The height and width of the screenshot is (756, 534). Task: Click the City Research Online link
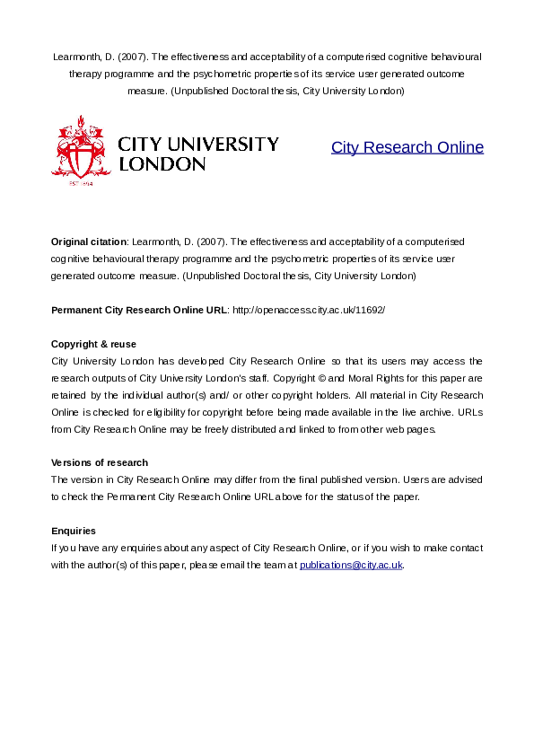coord(407,147)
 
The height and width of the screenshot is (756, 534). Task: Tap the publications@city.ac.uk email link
coord(351,565)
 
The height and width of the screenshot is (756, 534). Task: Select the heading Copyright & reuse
coord(93,344)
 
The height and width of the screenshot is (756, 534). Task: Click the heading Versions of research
coord(99,462)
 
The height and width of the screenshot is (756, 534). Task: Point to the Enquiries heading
coord(74,531)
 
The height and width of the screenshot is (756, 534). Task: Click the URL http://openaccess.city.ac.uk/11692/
coord(308,310)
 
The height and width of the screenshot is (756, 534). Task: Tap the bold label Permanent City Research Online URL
coord(139,310)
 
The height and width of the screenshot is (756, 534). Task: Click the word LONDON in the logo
coord(162,164)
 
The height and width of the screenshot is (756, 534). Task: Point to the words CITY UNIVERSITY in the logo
coord(198,144)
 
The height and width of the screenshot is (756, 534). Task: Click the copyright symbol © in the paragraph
coord(360,378)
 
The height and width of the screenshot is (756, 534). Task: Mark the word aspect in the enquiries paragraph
coord(221,548)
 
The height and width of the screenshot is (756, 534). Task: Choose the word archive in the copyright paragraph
coord(433,412)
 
